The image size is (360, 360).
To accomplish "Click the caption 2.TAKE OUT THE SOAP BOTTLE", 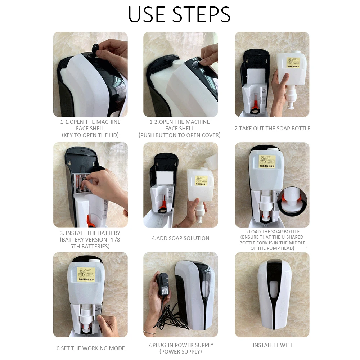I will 272,129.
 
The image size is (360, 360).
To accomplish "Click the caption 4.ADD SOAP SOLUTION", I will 180,238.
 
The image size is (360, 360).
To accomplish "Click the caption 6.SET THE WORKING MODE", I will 90,348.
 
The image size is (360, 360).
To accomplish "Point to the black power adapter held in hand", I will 163,284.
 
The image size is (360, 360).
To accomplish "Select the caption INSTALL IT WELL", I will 273,345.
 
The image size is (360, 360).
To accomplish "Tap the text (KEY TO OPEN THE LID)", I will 90,135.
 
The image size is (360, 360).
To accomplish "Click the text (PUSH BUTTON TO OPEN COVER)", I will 180,135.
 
